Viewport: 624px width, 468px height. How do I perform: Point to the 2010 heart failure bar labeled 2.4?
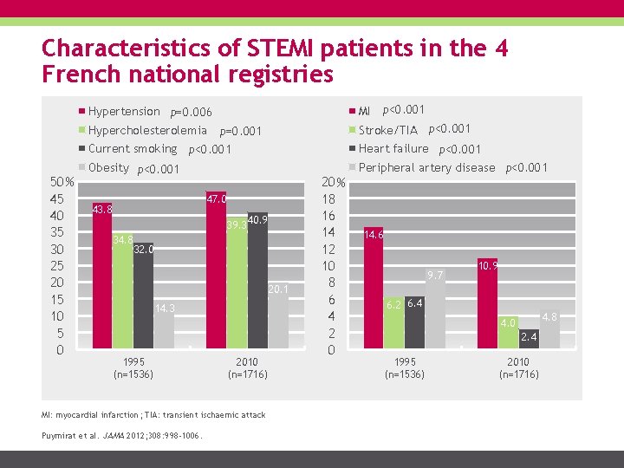(x=529, y=339)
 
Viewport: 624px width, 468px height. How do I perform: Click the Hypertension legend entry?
(x=123, y=111)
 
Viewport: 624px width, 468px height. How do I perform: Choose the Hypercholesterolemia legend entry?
(x=146, y=130)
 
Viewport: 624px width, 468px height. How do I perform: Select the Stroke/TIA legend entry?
(x=387, y=130)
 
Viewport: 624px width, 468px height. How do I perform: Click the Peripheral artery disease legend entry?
(x=426, y=167)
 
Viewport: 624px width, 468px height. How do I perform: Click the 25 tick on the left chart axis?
(x=57, y=267)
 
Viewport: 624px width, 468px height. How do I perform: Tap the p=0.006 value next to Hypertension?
(x=191, y=112)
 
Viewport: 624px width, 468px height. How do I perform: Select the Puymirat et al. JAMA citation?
(x=121, y=435)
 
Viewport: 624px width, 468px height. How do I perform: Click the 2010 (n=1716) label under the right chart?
(x=518, y=367)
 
